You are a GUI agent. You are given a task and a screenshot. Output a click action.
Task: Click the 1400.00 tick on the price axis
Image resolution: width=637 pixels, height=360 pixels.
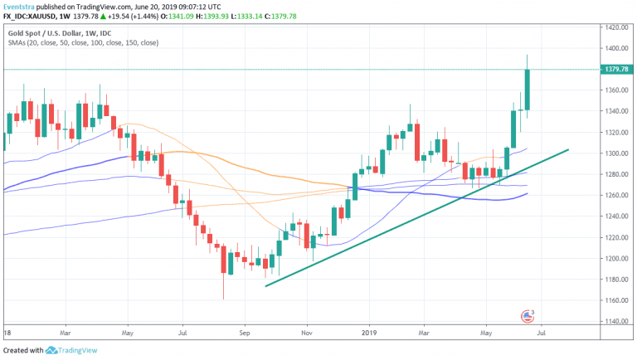(615, 27)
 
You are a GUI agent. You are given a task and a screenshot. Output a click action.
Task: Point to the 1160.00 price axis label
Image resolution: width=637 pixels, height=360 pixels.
(615, 300)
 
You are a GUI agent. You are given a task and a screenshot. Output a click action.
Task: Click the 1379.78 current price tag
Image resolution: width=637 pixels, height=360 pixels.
(615, 69)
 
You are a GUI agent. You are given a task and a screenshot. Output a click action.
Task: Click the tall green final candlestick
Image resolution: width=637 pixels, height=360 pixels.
(527, 90)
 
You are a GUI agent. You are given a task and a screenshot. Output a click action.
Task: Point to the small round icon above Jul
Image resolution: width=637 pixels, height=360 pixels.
(525, 316)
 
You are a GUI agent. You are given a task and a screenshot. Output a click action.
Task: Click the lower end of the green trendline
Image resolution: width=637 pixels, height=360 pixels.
(265, 286)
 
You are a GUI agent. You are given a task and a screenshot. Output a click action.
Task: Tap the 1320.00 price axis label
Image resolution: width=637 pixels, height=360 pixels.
(615, 132)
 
